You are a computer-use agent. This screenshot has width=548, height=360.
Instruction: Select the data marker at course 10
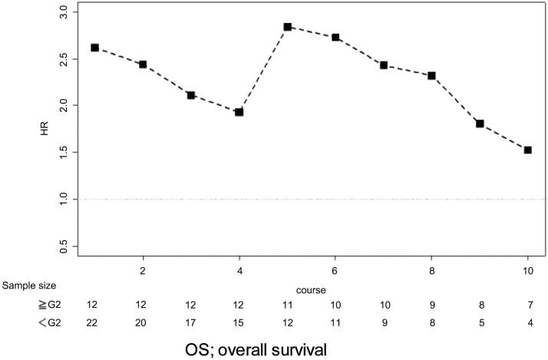(x=528, y=150)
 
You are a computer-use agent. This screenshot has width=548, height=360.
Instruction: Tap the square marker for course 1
(x=94, y=48)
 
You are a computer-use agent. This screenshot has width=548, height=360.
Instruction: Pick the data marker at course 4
(x=239, y=112)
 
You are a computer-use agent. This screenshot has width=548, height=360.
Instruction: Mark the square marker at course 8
(x=432, y=76)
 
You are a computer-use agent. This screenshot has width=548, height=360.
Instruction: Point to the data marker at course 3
(x=191, y=95)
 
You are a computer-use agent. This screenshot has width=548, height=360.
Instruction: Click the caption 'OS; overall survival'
(x=267, y=348)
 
